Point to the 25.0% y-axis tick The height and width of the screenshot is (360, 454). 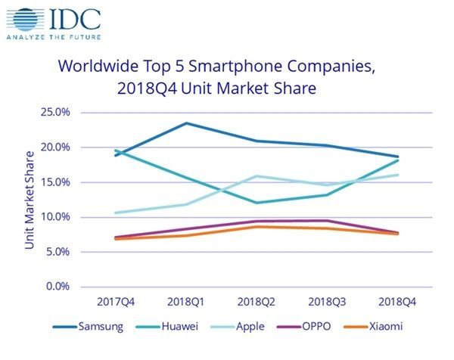coord(54,113)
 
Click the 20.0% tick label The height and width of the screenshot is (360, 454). coord(54,147)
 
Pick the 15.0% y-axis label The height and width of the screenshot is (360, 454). coord(54,182)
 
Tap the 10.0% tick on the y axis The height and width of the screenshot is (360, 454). coord(54,217)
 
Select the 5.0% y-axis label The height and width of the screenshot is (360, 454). coord(57,252)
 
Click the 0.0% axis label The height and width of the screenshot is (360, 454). coord(57,287)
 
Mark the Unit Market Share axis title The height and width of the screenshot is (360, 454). coord(30,200)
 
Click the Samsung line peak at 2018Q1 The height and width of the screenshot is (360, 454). coord(186,123)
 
